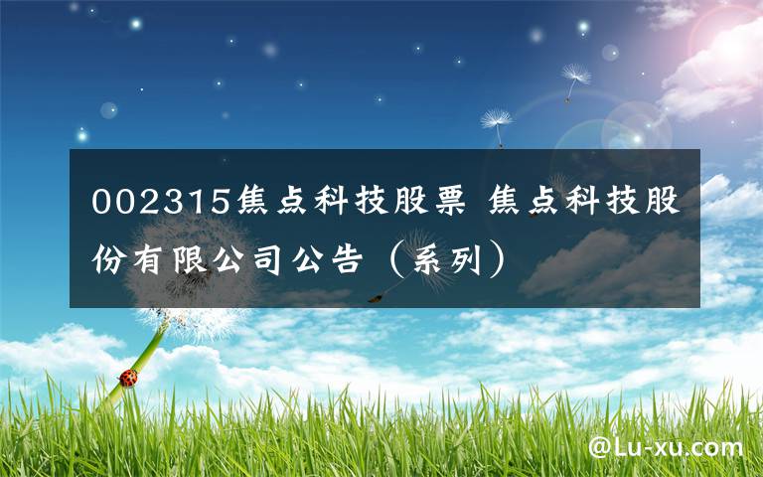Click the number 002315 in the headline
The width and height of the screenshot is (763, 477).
(x=159, y=202)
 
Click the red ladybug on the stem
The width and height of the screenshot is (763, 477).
(x=129, y=377)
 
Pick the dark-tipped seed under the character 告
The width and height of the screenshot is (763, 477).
(x=376, y=295)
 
